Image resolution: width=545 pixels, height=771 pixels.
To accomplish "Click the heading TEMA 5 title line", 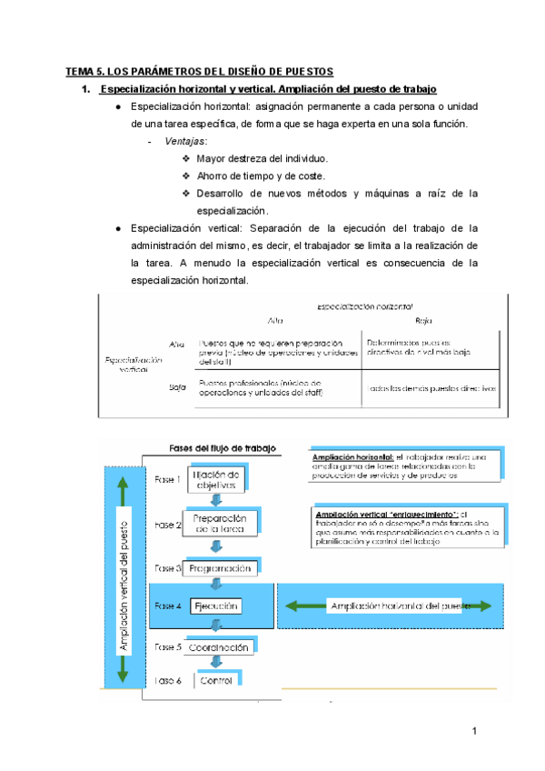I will click(x=200, y=71).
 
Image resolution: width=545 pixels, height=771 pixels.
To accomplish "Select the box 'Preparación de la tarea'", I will click(x=221, y=524).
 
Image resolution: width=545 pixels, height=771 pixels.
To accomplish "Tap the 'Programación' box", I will click(x=220, y=568).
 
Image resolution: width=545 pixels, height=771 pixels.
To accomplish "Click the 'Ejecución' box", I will click(x=215, y=606).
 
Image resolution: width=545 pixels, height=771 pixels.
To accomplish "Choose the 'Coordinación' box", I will click(x=219, y=647).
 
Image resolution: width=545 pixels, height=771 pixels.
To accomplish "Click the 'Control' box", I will click(x=217, y=680).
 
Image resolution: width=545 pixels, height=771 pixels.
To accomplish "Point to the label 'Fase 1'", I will click(x=168, y=479).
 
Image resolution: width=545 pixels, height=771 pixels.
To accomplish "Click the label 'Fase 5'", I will click(x=168, y=647).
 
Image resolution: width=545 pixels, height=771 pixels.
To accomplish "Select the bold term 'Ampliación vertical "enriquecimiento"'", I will click(x=384, y=515).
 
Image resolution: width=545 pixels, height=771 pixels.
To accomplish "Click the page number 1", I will click(x=474, y=732).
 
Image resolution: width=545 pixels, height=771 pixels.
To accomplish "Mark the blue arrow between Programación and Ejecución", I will click(x=216, y=587).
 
